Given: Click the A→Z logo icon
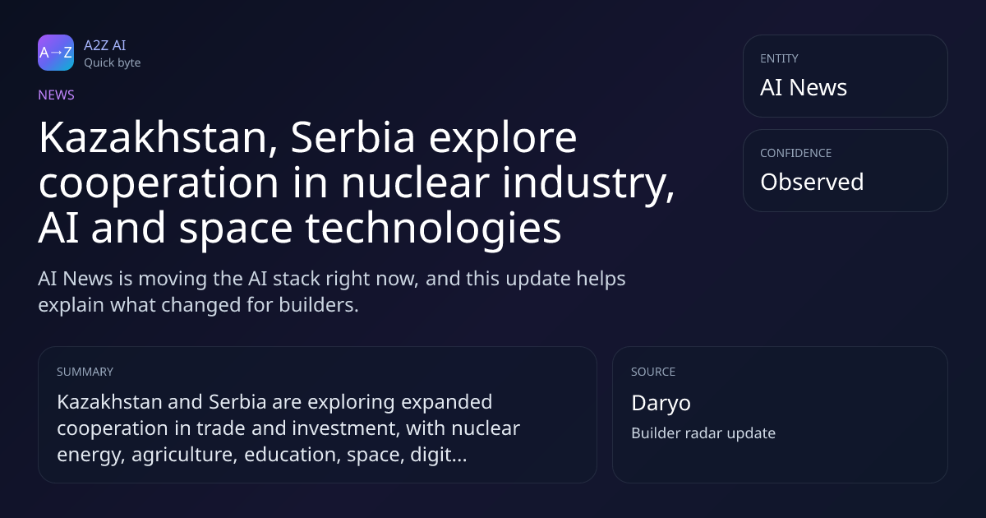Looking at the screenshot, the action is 56,53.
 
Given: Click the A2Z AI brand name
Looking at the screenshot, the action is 105,45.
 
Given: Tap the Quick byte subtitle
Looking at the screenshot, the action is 113,63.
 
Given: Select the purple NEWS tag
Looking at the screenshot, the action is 57,95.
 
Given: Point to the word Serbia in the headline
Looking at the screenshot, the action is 352,138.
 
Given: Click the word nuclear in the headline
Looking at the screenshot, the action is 415,183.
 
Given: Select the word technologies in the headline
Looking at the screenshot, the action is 433,229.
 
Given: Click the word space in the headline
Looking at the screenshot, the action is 236,230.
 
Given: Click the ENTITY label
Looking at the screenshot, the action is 779,58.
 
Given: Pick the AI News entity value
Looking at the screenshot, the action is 804,87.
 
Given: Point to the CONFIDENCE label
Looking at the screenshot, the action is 796,153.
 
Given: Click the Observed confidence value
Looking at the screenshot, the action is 812,182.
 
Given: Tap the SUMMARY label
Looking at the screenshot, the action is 85,372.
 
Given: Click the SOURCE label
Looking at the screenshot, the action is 653,372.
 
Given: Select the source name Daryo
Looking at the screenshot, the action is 661,404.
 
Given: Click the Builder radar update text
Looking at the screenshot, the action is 703,433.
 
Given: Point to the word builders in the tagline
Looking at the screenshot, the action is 319,305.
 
